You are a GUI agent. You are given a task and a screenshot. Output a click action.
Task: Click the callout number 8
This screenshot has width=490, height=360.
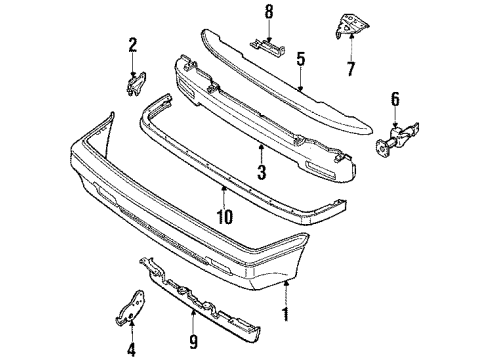[x=268, y=12]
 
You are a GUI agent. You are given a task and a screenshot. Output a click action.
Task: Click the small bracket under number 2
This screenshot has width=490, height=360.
[x=132, y=84]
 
